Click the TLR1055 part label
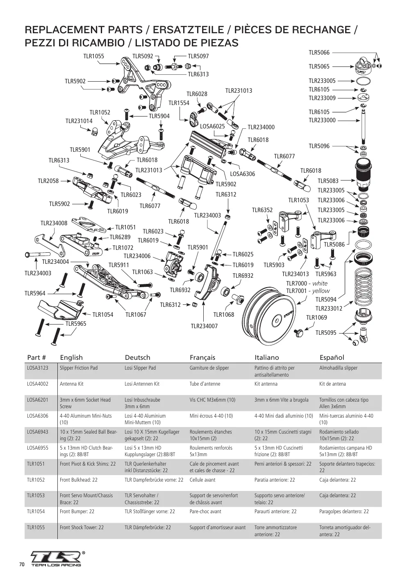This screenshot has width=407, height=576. tap(94, 56)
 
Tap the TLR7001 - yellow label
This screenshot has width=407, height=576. tap(308, 291)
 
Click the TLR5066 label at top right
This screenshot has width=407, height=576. tap(319, 53)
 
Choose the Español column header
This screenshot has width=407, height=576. tap(332, 357)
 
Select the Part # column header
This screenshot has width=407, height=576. tap(36, 357)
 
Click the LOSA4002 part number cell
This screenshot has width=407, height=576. tap(38, 384)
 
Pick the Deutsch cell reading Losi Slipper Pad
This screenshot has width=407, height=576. tap(140, 368)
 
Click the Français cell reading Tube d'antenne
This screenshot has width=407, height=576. tap(205, 384)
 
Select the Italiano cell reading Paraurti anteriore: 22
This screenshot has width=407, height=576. tap(275, 512)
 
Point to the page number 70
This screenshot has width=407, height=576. tap(22, 564)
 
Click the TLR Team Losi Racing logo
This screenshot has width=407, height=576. tap(57, 559)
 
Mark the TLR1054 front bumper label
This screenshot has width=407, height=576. tap(103, 315)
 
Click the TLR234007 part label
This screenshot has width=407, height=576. tap(204, 326)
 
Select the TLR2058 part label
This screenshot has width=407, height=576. tap(48, 181)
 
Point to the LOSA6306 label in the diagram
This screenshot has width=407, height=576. tap(242, 174)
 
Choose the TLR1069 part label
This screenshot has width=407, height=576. tap(316, 317)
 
